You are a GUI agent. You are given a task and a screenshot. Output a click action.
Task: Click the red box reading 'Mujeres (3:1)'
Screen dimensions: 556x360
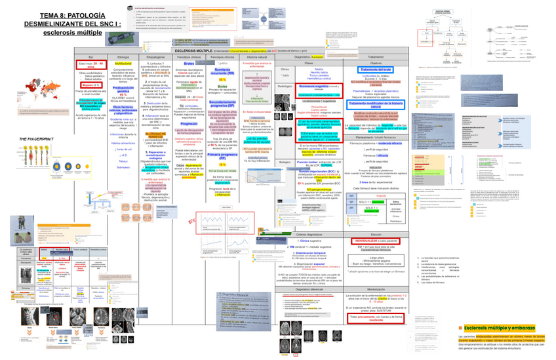click(90, 85)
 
